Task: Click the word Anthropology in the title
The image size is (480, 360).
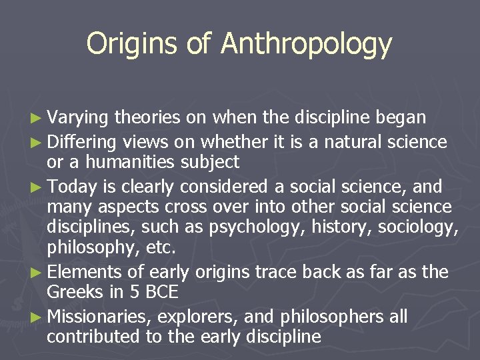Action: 307,44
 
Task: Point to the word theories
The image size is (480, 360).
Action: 147,118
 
